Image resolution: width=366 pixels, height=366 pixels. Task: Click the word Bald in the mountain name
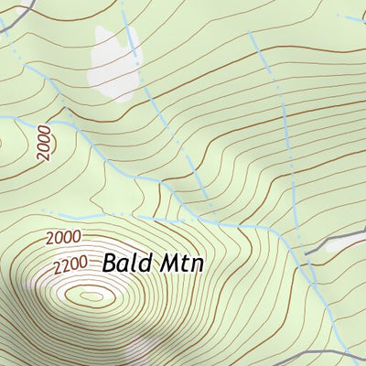click(125, 263)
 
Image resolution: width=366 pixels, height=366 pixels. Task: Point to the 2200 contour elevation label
click(70, 265)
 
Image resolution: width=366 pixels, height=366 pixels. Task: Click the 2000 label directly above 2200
click(62, 238)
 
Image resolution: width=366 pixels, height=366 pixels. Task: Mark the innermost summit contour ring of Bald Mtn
click(91, 296)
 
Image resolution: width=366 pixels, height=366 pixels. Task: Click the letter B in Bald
click(110, 263)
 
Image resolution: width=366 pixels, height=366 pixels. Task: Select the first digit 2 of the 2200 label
click(57, 269)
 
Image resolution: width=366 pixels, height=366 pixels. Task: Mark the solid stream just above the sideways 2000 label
click(37, 119)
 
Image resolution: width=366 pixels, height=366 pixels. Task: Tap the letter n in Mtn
click(195, 264)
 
